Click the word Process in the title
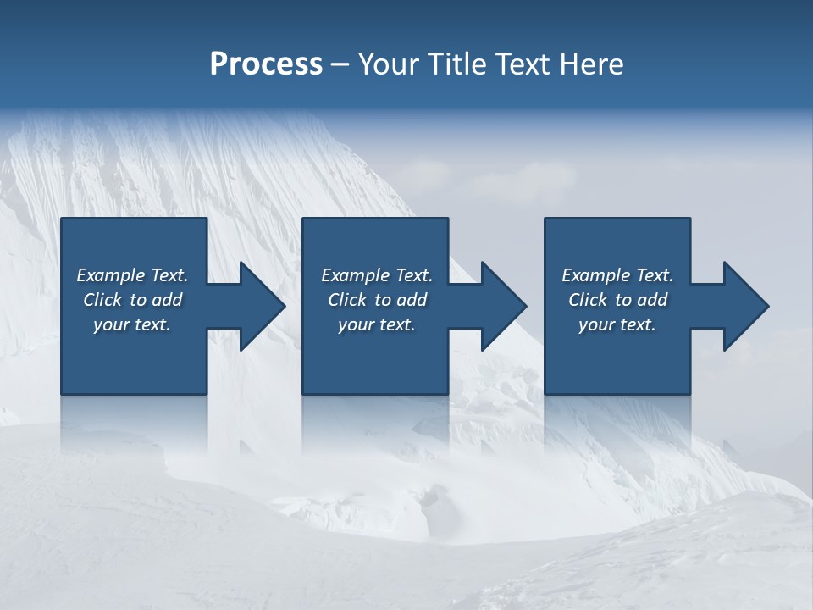pyautogui.click(x=266, y=64)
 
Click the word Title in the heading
pyautogui.click(x=458, y=64)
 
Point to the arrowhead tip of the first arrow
pyautogui.click(x=286, y=307)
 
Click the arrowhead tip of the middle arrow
pyautogui.click(x=528, y=307)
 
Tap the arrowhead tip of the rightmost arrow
pyautogui.click(x=769, y=307)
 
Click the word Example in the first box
pyautogui.click(x=110, y=275)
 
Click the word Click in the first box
pyautogui.click(x=102, y=300)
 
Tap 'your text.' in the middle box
pyautogui.click(x=376, y=324)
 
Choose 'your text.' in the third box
pyautogui.click(x=617, y=324)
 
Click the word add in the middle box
pyautogui.click(x=411, y=300)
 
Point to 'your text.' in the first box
pyautogui.click(x=131, y=324)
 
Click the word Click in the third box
pyautogui.click(x=588, y=300)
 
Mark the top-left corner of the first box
pyautogui.click(x=61, y=219)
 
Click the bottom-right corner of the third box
pyautogui.click(x=690, y=394)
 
